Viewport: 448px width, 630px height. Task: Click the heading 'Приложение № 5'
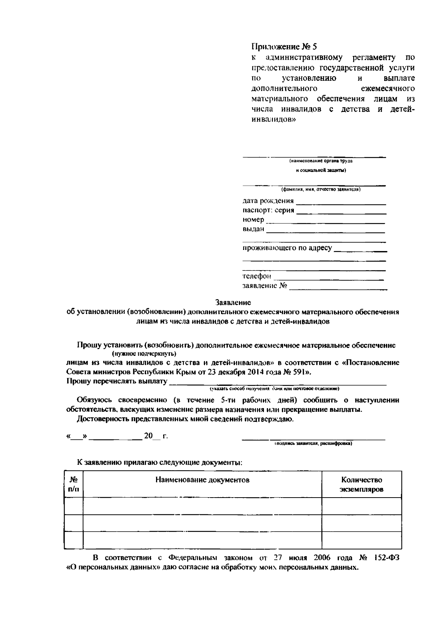[284, 47]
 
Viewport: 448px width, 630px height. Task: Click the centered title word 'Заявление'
[233, 302]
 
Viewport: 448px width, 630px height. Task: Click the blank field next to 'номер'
[326, 220]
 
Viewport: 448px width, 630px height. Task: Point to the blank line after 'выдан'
[326, 230]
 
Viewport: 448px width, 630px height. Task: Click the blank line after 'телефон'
[329, 277]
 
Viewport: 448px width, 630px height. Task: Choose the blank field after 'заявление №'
[338, 287]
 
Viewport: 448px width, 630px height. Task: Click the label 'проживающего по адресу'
[287, 248]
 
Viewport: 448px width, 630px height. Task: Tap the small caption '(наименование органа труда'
[321, 161]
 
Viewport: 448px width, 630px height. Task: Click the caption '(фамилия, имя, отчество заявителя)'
[321, 189]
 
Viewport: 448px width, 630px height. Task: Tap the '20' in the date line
[148, 436]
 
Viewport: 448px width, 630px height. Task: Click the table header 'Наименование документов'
[202, 480]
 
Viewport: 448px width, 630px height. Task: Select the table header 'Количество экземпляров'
[361, 485]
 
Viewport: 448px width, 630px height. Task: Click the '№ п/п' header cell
[74, 485]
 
